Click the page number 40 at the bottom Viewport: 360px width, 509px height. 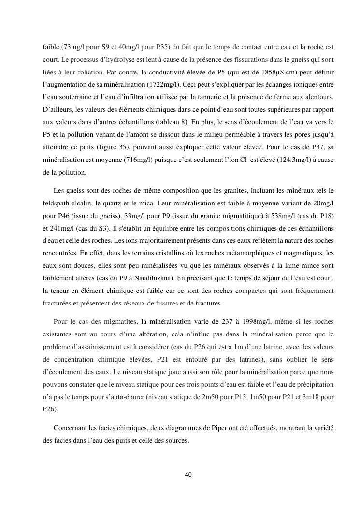pyautogui.click(x=188, y=474)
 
